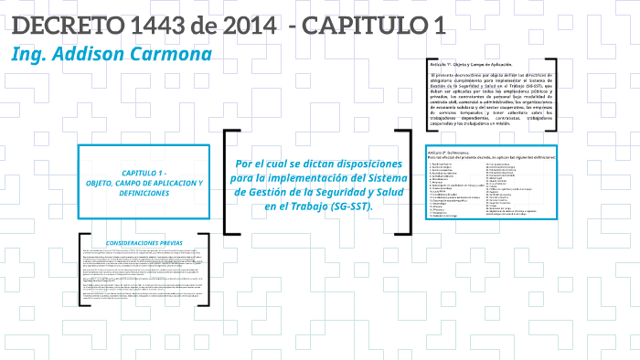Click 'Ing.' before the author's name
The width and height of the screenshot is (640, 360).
[27, 55]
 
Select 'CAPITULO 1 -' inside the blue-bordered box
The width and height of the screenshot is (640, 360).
[144, 173]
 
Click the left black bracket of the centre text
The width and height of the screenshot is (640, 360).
[225, 184]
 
